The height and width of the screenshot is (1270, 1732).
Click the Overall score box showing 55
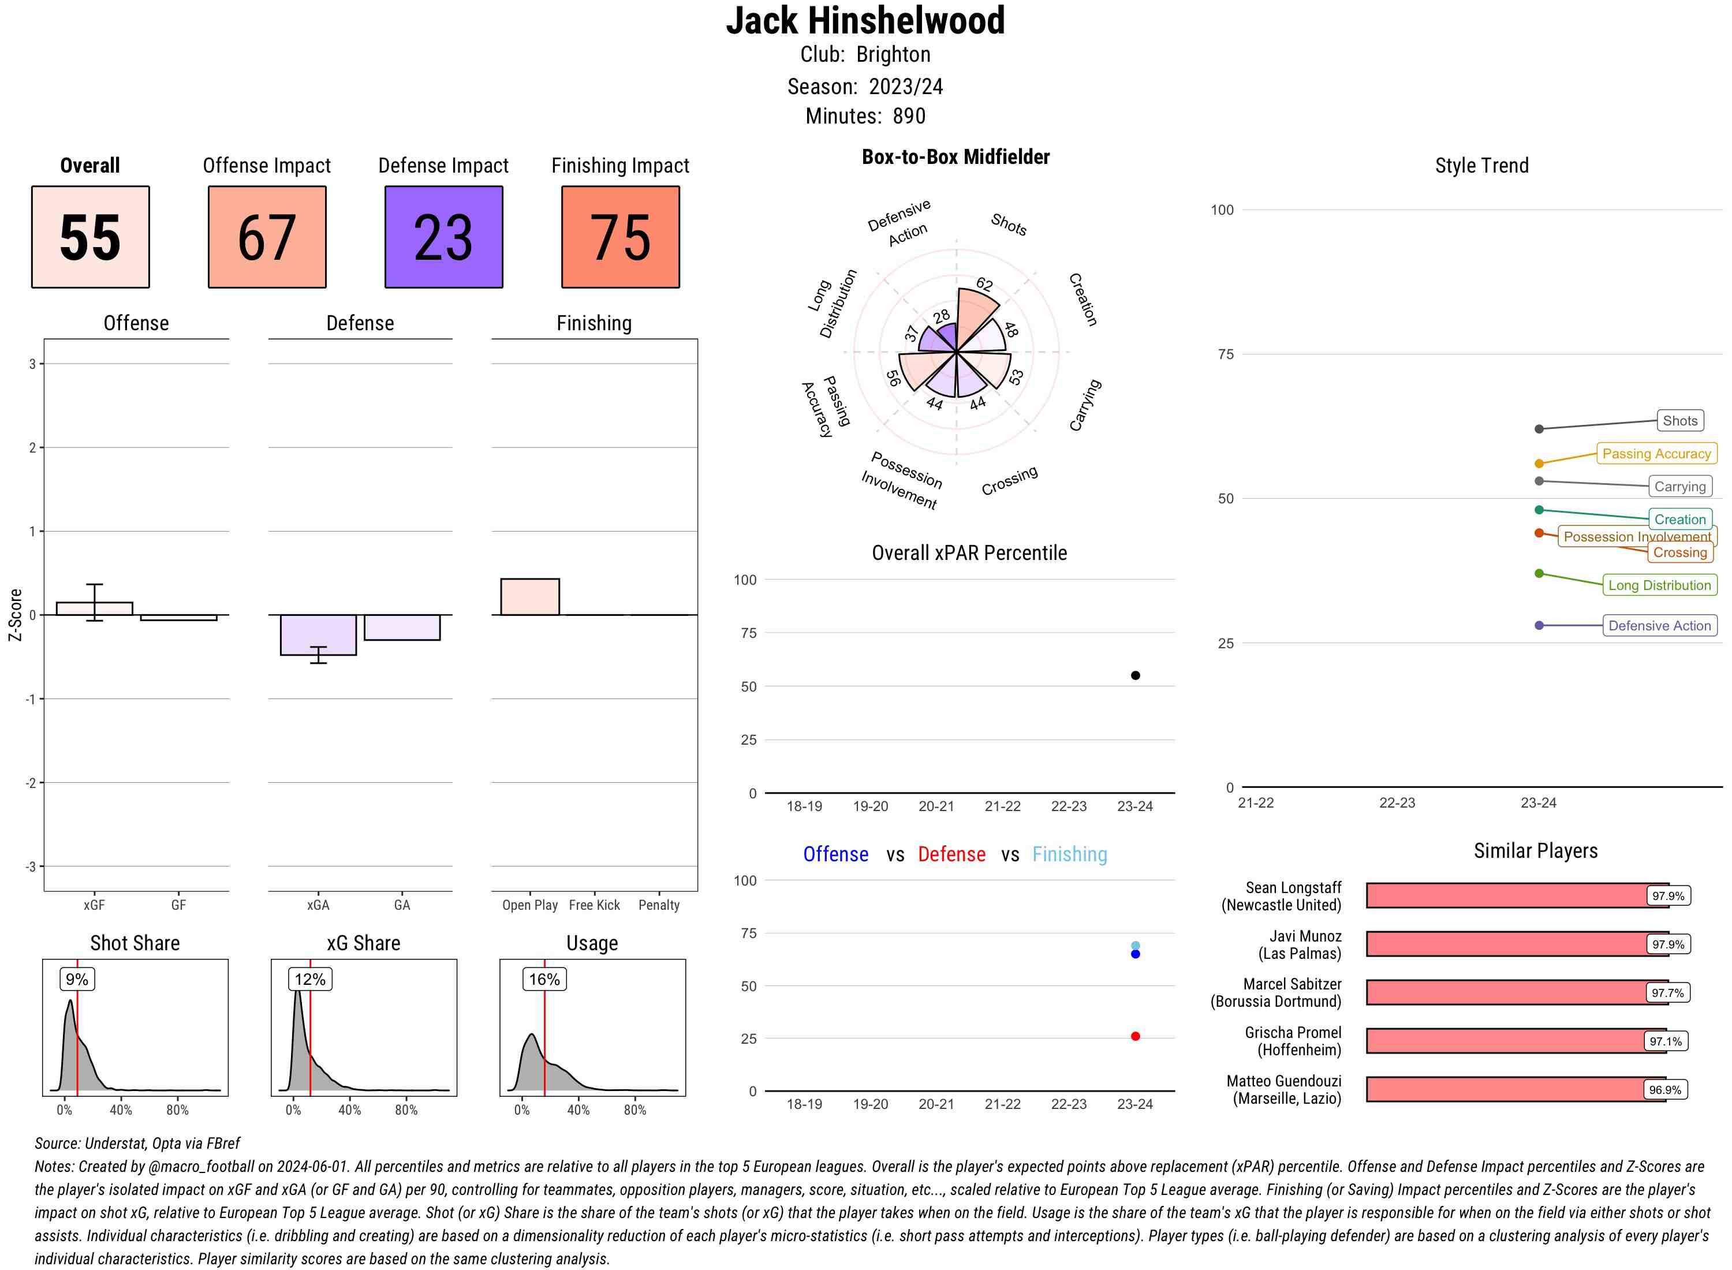[90, 237]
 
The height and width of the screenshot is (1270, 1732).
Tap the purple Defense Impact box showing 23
[443, 237]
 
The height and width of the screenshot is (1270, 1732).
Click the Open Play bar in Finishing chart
[529, 596]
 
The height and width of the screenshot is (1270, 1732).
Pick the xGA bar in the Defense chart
[318, 634]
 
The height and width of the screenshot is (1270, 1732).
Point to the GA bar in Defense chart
[402, 627]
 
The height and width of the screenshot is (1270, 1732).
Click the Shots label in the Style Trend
[1679, 420]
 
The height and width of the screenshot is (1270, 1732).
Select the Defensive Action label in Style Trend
[1659, 626]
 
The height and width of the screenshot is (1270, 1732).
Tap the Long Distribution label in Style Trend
[1659, 585]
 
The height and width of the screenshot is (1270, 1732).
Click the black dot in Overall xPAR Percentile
[1134, 675]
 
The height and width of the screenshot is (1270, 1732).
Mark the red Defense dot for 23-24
[1134, 1036]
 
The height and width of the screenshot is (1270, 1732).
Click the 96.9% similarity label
[1664, 1090]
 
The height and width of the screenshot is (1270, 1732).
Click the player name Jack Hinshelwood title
[865, 21]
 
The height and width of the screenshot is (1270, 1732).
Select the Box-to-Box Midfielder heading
[955, 157]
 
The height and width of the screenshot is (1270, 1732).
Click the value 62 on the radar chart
[984, 283]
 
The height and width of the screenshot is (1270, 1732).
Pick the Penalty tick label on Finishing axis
[659, 905]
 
